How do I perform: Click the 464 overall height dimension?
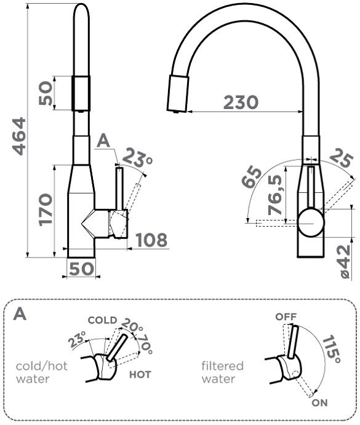(x=20, y=136)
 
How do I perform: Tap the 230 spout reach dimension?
(x=241, y=102)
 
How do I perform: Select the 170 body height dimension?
(x=46, y=209)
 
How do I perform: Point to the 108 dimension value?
(x=151, y=240)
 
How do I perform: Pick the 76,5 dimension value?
(x=274, y=195)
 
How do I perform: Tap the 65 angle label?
(x=251, y=178)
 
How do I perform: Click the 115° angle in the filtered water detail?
(x=330, y=349)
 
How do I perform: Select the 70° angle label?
(x=145, y=345)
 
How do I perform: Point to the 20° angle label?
(x=132, y=325)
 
